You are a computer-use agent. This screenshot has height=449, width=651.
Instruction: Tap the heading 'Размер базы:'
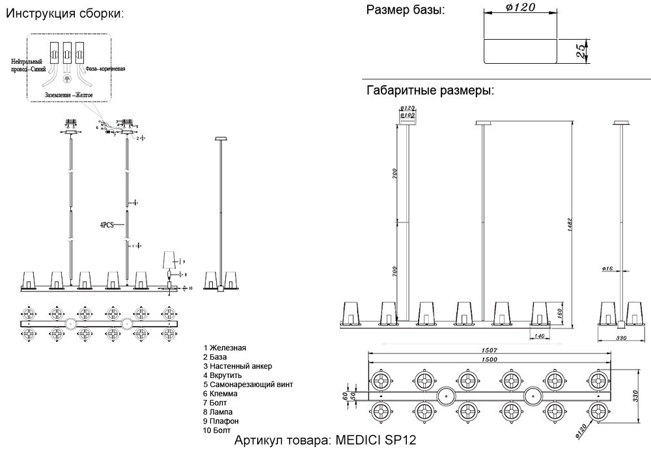point(405,10)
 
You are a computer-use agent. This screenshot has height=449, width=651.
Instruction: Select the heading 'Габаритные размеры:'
point(430,90)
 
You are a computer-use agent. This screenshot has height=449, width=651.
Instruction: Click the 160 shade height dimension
point(559,314)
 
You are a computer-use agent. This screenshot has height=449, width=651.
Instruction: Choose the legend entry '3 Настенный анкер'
point(237,366)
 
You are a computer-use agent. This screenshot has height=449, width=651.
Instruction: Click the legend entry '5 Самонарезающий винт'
point(247,385)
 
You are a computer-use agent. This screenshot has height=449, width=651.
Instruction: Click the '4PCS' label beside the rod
point(107,224)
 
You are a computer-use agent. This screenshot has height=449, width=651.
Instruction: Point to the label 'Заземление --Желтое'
point(69,95)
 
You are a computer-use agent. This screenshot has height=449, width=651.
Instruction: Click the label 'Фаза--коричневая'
point(104,68)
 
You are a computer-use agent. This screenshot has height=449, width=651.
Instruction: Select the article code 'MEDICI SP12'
point(375,439)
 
